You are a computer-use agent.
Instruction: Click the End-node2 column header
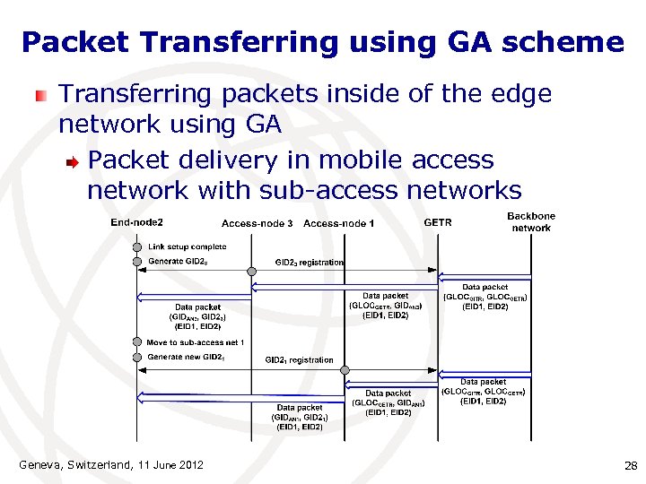136,222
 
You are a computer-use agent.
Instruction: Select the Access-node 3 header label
258,223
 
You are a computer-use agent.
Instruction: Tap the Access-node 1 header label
339,223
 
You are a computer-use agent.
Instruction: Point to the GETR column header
438,222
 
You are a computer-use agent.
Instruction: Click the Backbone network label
531,222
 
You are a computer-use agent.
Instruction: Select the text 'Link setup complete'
188,246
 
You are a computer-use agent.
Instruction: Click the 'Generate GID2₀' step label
179,262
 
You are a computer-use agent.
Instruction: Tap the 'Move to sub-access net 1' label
196,342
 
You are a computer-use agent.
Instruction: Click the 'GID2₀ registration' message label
310,263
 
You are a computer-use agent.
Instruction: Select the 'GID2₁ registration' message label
299,360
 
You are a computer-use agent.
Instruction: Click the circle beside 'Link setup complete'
137,246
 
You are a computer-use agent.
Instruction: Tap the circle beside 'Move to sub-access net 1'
137,342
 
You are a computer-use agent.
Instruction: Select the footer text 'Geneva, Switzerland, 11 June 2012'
111,464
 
